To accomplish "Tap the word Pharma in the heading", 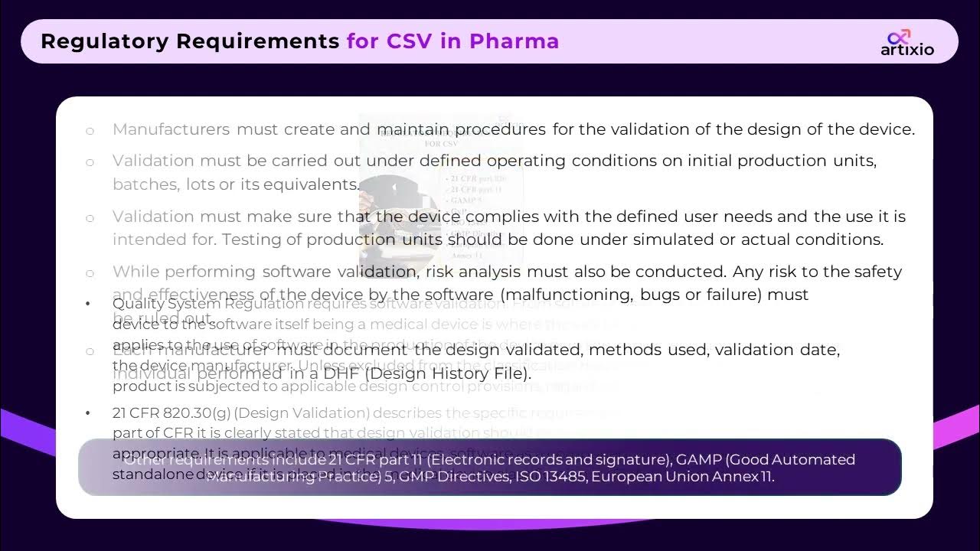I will pos(514,41).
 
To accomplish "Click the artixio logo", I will pos(906,43).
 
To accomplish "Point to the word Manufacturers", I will pos(171,129).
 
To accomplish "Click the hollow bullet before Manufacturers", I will pos(90,131).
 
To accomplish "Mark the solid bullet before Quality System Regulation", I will pos(88,304).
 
